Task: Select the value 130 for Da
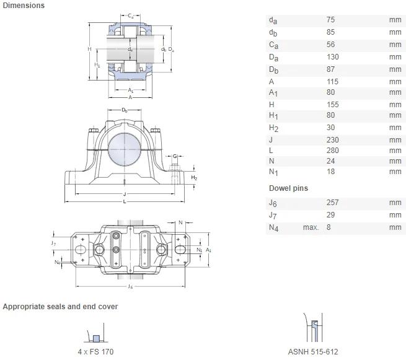[x=333, y=57]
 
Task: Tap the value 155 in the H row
[x=333, y=104]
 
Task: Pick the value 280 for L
[x=333, y=151]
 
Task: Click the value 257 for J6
[x=333, y=203]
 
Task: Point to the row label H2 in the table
[x=273, y=128]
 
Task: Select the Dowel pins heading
[x=288, y=188]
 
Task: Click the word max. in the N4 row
[x=311, y=227]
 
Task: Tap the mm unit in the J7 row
[x=395, y=215]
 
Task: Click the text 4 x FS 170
[x=95, y=351]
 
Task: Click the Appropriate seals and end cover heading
[x=61, y=307]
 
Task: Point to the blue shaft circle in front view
[x=124, y=146]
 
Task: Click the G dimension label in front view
[x=175, y=156]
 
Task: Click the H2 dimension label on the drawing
[x=194, y=177]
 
